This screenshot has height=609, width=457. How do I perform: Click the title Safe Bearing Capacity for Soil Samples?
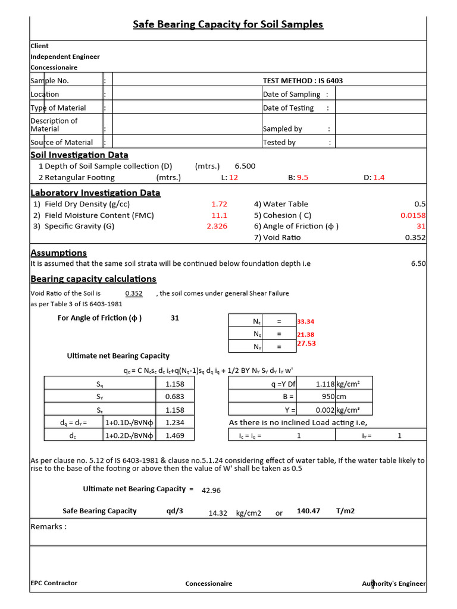(x=228, y=24)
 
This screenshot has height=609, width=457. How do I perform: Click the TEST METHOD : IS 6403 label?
(x=302, y=81)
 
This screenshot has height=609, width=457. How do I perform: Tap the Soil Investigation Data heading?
(x=79, y=155)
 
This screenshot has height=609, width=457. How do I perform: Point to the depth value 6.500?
(x=245, y=167)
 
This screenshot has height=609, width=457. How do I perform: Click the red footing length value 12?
(x=233, y=177)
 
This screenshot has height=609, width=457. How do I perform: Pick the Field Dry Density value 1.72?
(x=219, y=204)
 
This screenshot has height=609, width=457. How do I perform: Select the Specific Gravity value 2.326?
(x=217, y=226)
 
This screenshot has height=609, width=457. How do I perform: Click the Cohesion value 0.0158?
(x=413, y=215)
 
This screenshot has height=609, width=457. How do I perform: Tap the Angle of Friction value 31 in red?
(x=421, y=226)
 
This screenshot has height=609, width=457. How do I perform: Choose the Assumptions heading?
(x=58, y=253)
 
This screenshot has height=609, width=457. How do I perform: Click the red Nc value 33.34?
(x=306, y=322)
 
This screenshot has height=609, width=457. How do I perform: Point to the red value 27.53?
(x=306, y=344)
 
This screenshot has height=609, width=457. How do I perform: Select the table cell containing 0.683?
(x=174, y=397)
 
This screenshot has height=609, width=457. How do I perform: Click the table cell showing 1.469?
(x=174, y=436)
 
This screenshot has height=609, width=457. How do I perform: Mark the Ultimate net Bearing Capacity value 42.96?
(x=211, y=491)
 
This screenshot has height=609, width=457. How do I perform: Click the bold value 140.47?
(x=308, y=511)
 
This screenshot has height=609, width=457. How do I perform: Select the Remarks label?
(x=48, y=526)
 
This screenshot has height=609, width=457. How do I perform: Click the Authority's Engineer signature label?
(x=394, y=584)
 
